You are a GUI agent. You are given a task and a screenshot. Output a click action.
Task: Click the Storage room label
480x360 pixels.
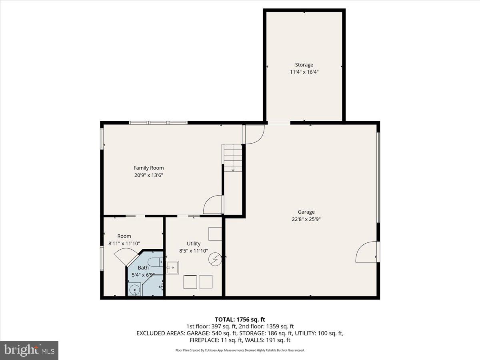tap(304, 65)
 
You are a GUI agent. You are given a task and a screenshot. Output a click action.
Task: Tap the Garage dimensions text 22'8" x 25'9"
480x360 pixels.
tap(306, 219)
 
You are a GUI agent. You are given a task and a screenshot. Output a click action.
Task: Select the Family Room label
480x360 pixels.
tap(148, 168)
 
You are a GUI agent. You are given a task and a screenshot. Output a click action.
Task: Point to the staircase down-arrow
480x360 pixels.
tap(233, 169)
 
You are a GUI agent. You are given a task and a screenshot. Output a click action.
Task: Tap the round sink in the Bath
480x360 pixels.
tap(133, 289)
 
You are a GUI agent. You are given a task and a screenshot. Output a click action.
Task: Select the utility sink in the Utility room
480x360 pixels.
tap(173, 267)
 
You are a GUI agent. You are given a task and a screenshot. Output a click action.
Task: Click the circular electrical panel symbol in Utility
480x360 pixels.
tap(215, 260)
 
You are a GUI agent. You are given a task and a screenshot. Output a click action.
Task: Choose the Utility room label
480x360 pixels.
tap(194, 244)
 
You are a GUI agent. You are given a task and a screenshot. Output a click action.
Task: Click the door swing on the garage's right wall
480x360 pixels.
tap(366, 252)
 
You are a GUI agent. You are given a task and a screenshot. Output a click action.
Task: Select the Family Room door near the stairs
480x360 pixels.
tap(213, 204)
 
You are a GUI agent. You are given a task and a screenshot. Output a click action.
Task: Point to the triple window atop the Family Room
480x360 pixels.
tap(158, 123)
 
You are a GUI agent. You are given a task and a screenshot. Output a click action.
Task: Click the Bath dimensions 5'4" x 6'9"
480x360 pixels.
tap(143, 275)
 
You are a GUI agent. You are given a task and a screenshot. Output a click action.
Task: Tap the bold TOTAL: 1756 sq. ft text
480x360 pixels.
tap(240, 319)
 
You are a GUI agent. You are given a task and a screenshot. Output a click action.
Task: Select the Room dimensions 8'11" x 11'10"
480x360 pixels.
tap(124, 243)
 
